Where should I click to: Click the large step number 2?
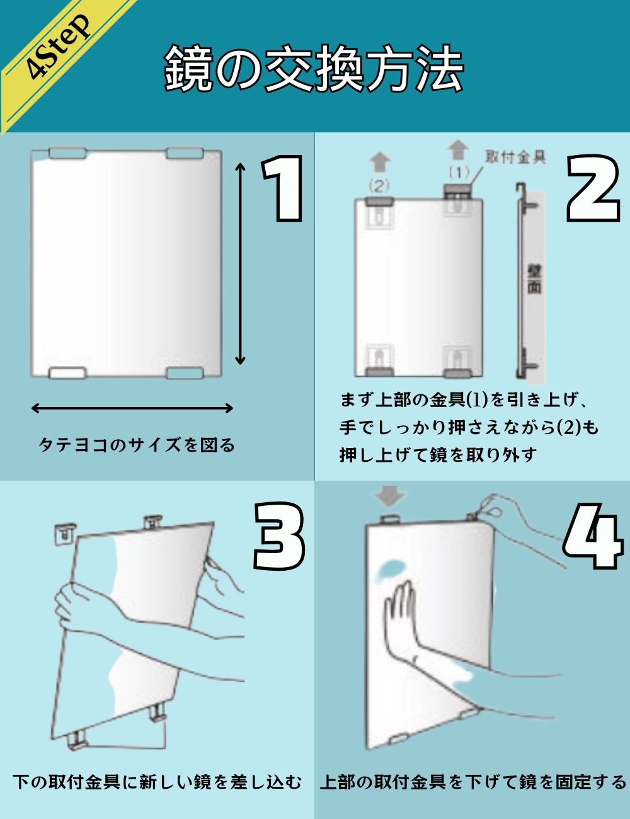point(592,188)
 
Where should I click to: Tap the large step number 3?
point(280,535)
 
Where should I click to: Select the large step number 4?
point(592,539)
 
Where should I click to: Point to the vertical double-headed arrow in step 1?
point(240,263)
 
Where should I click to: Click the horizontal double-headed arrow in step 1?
point(132,408)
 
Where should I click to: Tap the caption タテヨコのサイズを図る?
point(137,445)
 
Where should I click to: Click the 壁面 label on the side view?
point(534,277)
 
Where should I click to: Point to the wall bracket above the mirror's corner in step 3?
point(66,534)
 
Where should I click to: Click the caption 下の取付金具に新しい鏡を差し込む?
point(157,782)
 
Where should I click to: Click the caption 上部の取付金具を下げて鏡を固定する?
point(473,782)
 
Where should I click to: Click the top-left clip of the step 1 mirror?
point(67,153)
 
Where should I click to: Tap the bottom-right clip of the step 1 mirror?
point(185,374)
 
